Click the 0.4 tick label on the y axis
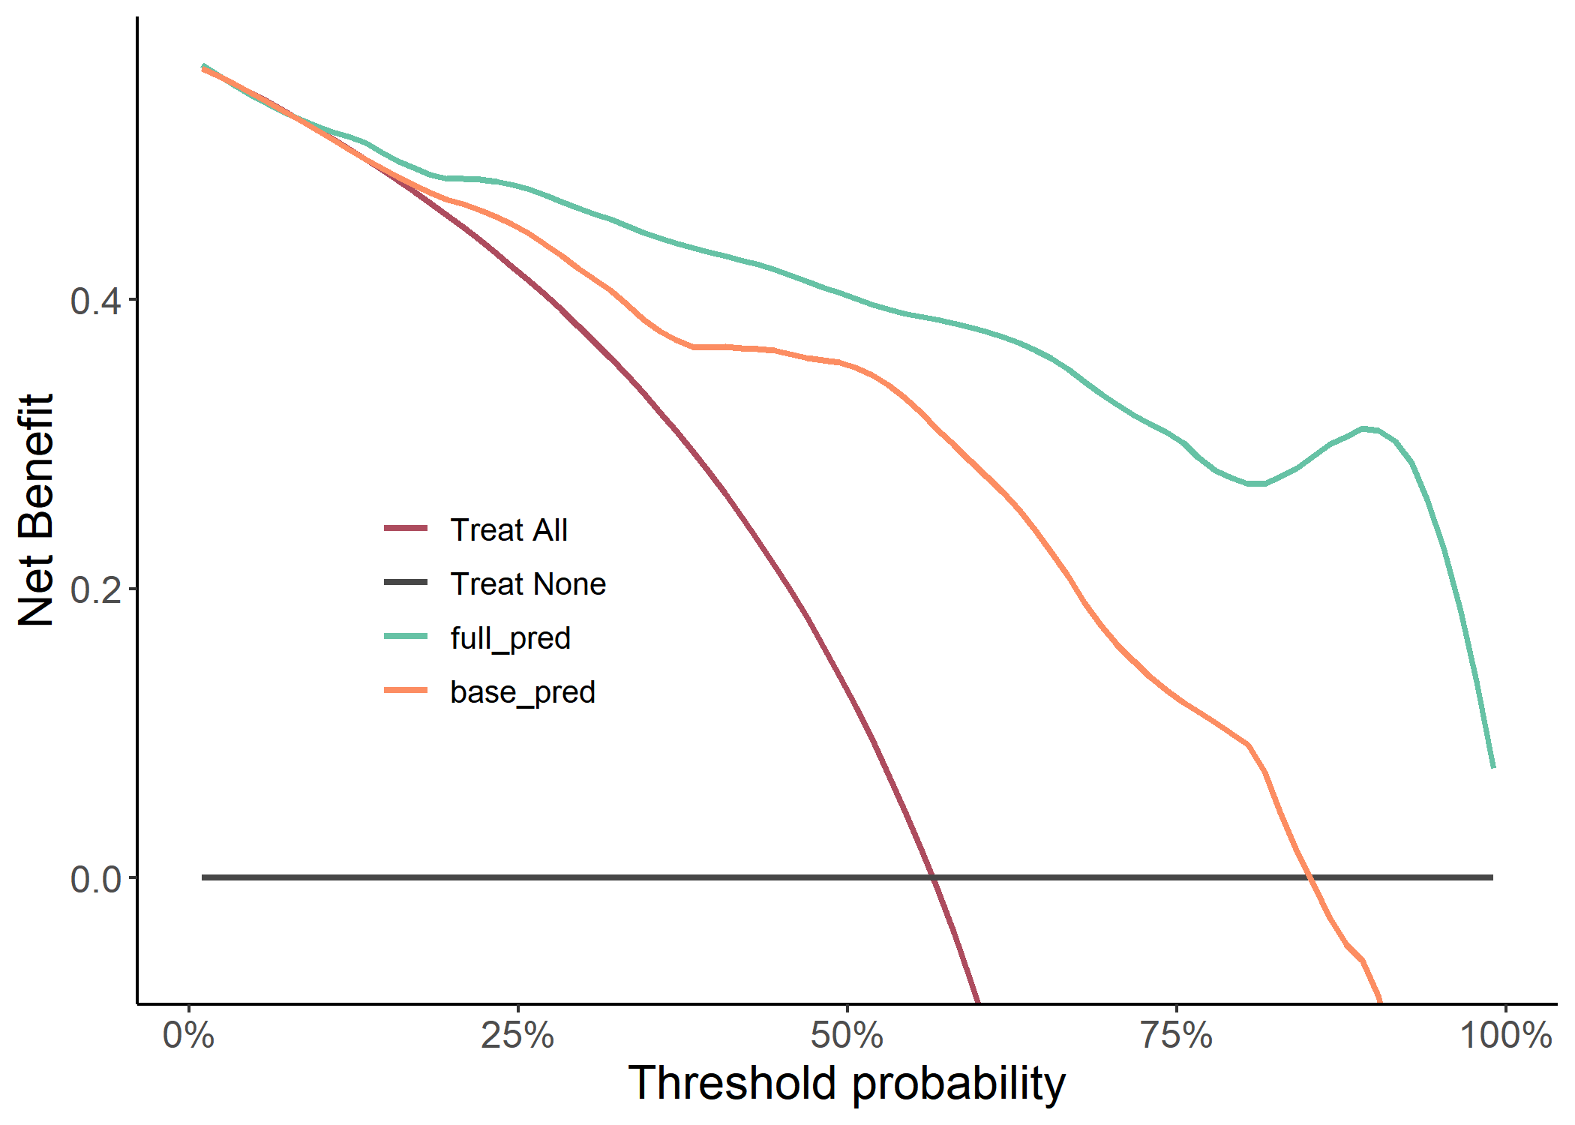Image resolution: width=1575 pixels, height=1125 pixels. (95, 301)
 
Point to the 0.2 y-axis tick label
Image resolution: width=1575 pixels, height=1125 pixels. (95, 590)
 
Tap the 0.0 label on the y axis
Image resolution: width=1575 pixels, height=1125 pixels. (95, 879)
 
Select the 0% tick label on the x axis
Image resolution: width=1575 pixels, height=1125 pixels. (189, 1036)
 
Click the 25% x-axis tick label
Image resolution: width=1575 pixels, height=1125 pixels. (517, 1036)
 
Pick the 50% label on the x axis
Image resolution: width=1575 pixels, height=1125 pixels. (847, 1036)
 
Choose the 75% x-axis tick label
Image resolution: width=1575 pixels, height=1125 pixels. (1176, 1036)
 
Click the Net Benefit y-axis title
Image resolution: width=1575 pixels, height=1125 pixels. (36, 510)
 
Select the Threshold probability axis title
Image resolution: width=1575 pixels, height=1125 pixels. (847, 1084)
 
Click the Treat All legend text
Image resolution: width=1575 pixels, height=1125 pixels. (508, 530)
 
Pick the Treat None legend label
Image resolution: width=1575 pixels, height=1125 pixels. (528, 584)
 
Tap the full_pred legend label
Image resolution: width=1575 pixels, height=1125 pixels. (510, 638)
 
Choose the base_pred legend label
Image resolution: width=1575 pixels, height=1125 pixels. (522, 692)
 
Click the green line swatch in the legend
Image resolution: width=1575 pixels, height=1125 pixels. (406, 637)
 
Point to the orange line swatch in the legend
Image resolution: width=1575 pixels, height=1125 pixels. (406, 691)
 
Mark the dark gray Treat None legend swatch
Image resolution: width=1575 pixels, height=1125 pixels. (406, 583)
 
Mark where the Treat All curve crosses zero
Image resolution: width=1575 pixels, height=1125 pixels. (933, 877)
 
